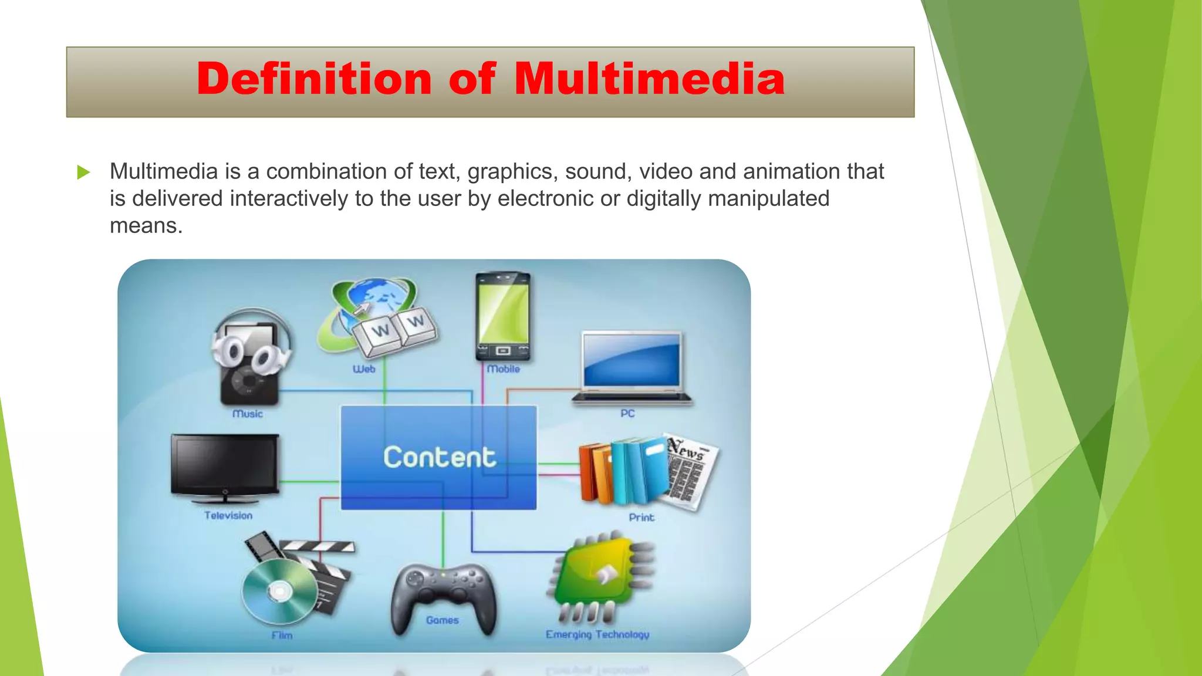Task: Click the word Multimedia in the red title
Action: coord(649,79)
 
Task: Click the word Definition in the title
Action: coord(314,79)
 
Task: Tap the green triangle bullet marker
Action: coord(83,172)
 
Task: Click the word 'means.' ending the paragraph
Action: coord(146,225)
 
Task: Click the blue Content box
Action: coord(438,457)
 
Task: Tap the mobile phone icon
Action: coord(502,316)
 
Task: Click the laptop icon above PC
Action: coord(632,367)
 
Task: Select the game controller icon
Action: coord(443,596)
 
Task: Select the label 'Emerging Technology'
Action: coord(597,634)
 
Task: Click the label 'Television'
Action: coord(228,515)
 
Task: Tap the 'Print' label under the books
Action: coord(641,517)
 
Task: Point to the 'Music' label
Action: coord(247,414)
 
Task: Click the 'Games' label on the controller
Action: coord(442,620)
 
